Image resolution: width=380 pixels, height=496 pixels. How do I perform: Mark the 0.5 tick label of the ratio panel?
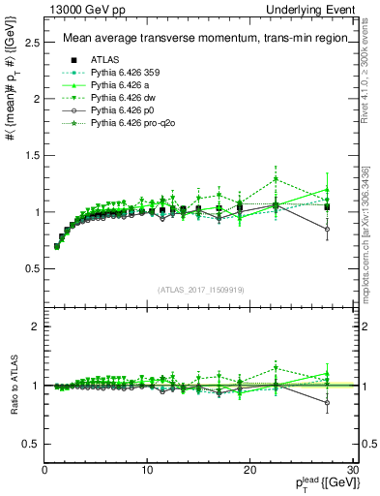[x=33, y=444]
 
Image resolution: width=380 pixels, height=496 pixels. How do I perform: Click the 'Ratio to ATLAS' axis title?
[x=13, y=383]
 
